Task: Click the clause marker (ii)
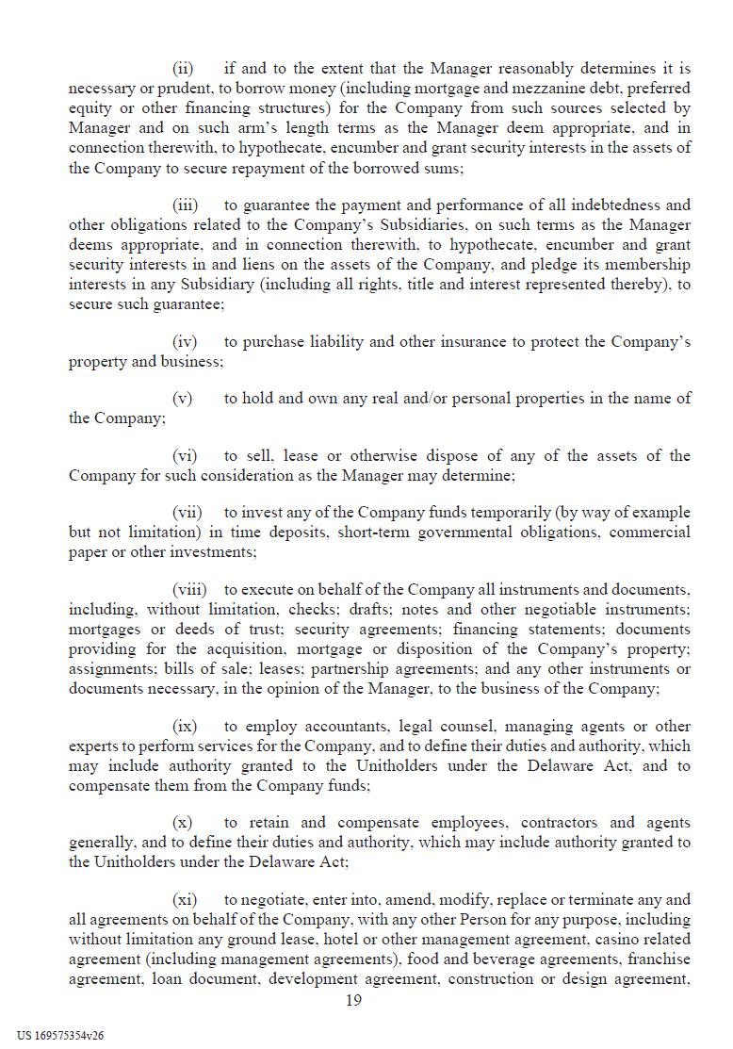click(x=183, y=69)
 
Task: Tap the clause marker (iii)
click(x=185, y=205)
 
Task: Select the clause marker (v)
click(x=183, y=398)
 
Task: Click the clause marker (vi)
click(x=185, y=455)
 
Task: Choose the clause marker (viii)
click(x=189, y=589)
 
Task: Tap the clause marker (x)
click(x=183, y=822)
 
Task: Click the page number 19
click(x=353, y=1000)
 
